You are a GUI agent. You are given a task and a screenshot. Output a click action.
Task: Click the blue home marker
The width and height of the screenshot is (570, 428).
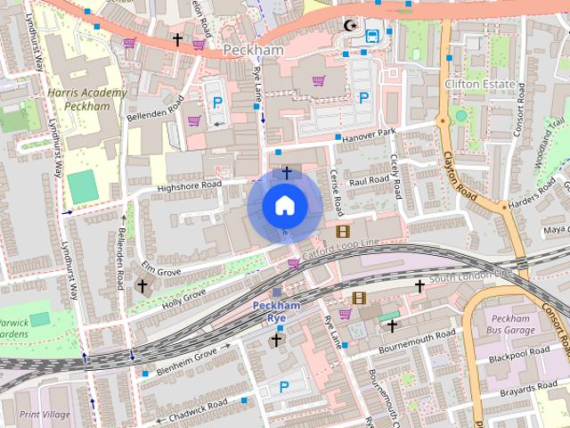[283, 206]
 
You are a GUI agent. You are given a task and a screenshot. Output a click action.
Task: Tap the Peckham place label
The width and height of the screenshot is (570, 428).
[253, 50]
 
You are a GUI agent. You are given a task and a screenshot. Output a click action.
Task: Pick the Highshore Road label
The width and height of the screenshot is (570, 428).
[189, 186]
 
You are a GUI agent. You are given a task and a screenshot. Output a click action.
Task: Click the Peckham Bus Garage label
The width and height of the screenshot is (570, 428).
[511, 325]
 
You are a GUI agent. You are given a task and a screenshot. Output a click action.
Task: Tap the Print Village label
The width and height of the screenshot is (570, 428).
[44, 413]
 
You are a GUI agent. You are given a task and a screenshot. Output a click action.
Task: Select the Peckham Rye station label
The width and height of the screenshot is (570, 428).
[277, 311]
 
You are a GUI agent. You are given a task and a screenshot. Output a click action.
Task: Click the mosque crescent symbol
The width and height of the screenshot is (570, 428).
[352, 26]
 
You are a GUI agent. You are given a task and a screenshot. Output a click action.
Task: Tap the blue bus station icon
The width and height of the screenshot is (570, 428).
[372, 36]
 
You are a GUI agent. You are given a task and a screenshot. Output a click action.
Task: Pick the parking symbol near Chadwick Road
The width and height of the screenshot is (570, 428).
[284, 386]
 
